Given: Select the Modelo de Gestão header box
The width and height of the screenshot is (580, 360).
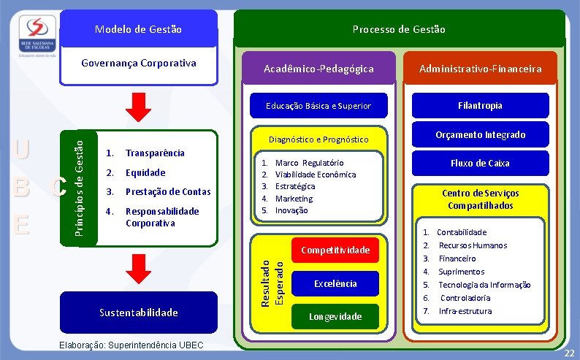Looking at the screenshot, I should [139, 30].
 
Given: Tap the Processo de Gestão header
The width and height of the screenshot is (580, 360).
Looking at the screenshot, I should [398, 29].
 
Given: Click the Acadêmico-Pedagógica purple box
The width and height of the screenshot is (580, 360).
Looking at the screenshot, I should [318, 69].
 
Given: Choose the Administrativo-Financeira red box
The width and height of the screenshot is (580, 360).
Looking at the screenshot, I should [480, 69].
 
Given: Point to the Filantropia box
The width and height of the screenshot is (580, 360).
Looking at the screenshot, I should [480, 106].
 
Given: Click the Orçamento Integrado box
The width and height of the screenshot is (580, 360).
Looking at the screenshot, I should [480, 134].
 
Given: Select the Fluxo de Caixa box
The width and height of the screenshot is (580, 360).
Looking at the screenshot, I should [480, 163].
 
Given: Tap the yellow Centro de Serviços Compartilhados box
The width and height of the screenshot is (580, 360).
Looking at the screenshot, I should [480, 199].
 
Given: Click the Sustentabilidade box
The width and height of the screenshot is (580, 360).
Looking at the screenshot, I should [139, 313].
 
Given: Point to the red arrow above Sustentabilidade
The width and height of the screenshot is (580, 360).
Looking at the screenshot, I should [138, 269].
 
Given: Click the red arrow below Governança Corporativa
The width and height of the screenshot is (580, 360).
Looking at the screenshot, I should [138, 107].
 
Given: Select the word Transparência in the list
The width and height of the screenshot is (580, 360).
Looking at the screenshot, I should [155, 153].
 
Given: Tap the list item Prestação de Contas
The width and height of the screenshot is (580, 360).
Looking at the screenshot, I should [168, 192].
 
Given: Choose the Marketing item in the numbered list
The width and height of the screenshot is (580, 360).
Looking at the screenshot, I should [294, 199].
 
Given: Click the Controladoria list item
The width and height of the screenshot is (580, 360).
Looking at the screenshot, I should [465, 298].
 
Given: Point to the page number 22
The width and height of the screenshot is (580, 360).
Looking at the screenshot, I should [569, 353].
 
